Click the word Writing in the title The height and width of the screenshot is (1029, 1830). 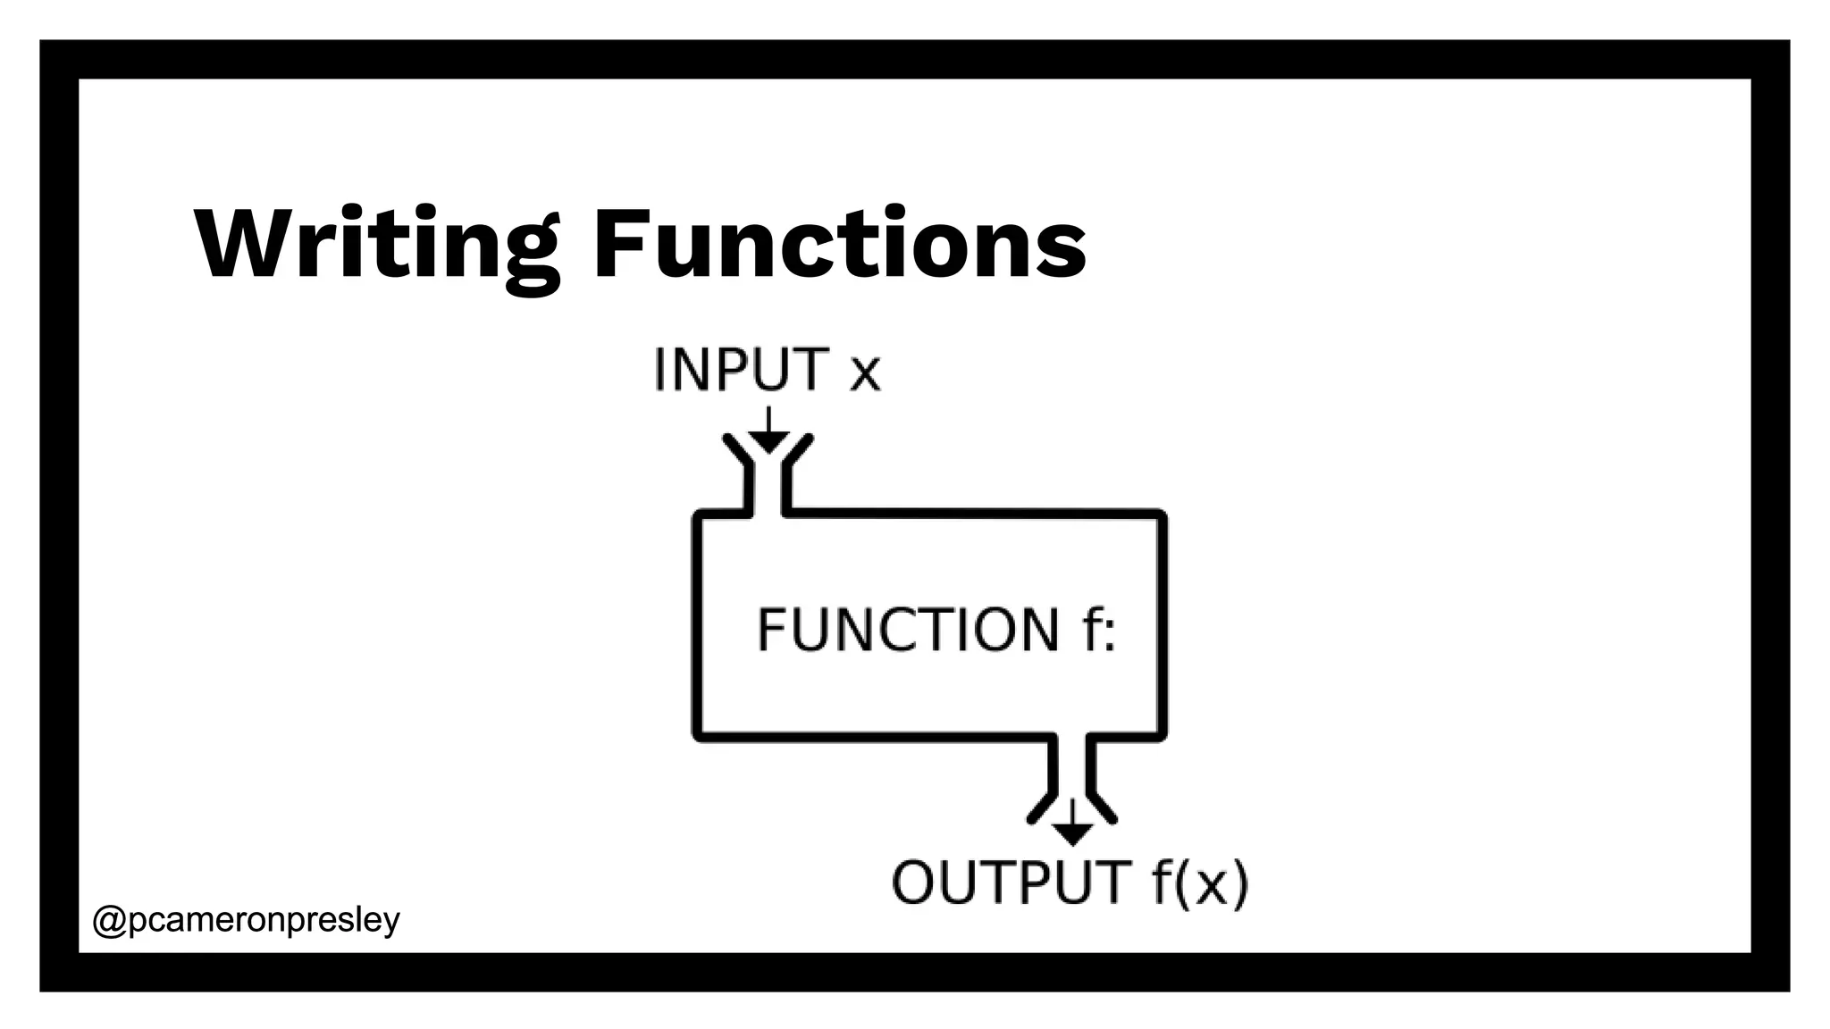tap(376, 245)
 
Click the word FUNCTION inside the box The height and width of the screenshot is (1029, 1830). tap(908, 630)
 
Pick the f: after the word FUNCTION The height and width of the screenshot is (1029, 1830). tap(1098, 630)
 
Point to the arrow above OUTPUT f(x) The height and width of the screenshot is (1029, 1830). tap(1072, 824)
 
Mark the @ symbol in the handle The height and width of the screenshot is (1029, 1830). tap(110, 920)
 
